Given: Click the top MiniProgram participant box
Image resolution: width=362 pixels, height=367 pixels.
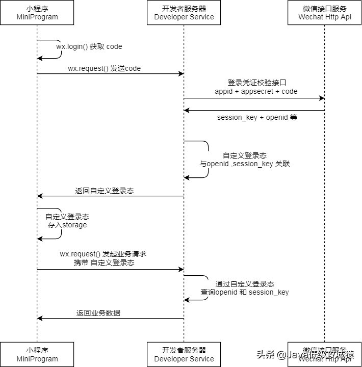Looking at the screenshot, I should click(x=37, y=13).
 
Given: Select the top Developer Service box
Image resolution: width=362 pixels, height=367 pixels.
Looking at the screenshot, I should click(x=184, y=13).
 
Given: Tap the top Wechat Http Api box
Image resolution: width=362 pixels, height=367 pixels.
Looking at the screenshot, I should click(x=325, y=13).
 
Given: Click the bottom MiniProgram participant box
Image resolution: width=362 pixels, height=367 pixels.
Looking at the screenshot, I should click(x=37, y=354).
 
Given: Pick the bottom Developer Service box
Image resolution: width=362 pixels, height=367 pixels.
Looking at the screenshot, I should click(x=184, y=354).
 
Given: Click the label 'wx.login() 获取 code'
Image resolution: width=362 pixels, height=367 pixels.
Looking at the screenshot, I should click(x=89, y=46).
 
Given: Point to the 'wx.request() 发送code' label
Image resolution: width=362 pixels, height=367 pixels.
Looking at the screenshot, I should click(x=104, y=68).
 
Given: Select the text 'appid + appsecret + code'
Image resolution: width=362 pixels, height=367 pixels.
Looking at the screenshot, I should click(x=256, y=91).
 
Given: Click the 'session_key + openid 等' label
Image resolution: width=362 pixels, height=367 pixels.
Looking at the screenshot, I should click(x=257, y=117).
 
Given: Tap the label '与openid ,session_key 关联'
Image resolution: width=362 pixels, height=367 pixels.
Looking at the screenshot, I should click(x=245, y=164).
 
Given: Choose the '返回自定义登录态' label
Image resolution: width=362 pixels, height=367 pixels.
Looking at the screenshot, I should click(x=105, y=191).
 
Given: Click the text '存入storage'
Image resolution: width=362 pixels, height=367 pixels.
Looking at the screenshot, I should click(x=67, y=225).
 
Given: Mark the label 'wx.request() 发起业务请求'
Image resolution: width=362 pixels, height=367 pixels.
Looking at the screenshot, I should click(x=104, y=253).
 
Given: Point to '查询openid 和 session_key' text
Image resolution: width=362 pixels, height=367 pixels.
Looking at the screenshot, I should click(x=245, y=292).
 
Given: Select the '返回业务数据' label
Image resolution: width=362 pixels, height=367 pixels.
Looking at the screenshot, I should click(x=98, y=313).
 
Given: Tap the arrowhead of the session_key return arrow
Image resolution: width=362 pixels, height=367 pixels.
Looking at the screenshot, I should click(x=187, y=110).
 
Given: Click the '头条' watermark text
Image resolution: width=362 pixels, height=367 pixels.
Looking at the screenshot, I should click(x=265, y=354).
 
